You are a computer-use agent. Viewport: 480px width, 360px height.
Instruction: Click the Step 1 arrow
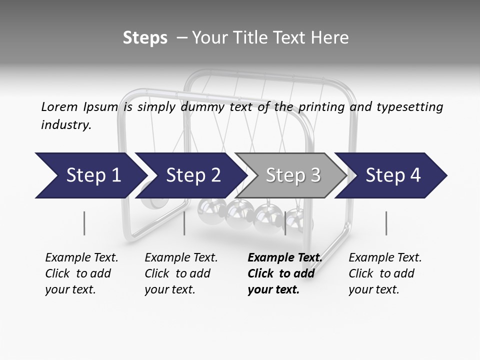click(90, 175)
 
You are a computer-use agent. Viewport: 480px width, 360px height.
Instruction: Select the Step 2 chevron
click(193, 175)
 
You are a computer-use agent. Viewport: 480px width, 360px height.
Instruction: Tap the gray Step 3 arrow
click(292, 175)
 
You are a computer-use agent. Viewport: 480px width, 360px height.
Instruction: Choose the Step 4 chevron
click(393, 175)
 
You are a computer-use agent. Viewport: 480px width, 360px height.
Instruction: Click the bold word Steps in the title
click(145, 38)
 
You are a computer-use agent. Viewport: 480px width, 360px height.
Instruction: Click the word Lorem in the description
click(59, 106)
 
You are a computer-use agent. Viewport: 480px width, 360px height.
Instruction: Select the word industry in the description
click(65, 125)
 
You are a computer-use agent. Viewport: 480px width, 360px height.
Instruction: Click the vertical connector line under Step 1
click(84, 223)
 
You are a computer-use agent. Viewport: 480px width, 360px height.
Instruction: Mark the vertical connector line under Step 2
click(184, 223)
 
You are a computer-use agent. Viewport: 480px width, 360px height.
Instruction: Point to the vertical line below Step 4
click(386, 223)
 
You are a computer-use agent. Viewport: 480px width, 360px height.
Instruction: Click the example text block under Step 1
click(81, 273)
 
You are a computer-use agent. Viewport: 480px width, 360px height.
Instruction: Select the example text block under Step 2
click(181, 273)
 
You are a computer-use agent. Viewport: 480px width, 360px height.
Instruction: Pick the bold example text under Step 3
click(284, 273)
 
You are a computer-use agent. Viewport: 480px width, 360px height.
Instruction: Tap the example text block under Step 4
click(385, 273)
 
